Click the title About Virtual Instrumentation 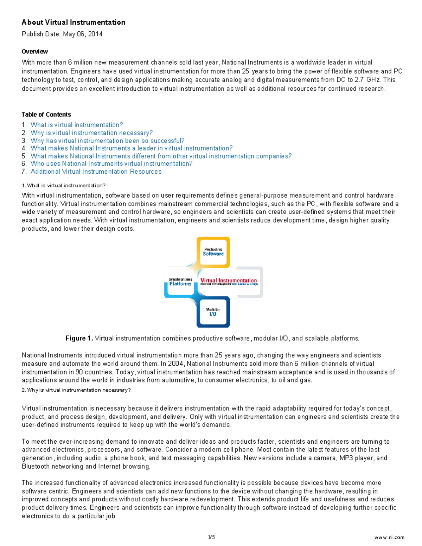pyautogui.click(x=73, y=23)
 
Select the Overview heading pyautogui.click(x=34, y=52)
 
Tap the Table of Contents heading pyautogui.click(x=46, y=115)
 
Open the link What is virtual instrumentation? pyautogui.click(x=77, y=125)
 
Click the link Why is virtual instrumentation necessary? pyautogui.click(x=91, y=133)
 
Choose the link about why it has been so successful pyautogui.click(x=107, y=141)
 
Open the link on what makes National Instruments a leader pyautogui.click(x=132, y=148)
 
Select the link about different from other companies pyautogui.click(x=161, y=156)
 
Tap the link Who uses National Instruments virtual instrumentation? pyautogui.click(x=111, y=163)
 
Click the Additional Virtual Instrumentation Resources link pyautogui.click(x=96, y=172)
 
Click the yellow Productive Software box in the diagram pyautogui.click(x=213, y=252)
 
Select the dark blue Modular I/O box pyautogui.click(x=213, y=312)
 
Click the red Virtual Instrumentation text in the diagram pyautogui.click(x=229, y=281)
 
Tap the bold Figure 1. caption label pyautogui.click(x=79, y=338)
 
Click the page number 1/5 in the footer pyautogui.click(x=211, y=537)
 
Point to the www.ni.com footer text pyautogui.click(x=389, y=537)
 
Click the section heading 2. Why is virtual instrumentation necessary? pyautogui.click(x=76, y=390)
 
